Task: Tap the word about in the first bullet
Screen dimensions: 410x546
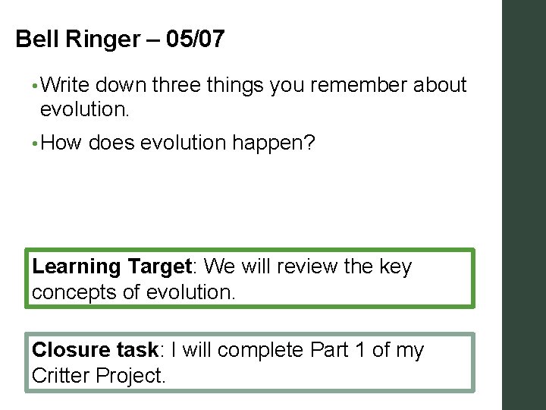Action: [440, 86]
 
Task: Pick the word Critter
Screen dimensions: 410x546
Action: [58, 376]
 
